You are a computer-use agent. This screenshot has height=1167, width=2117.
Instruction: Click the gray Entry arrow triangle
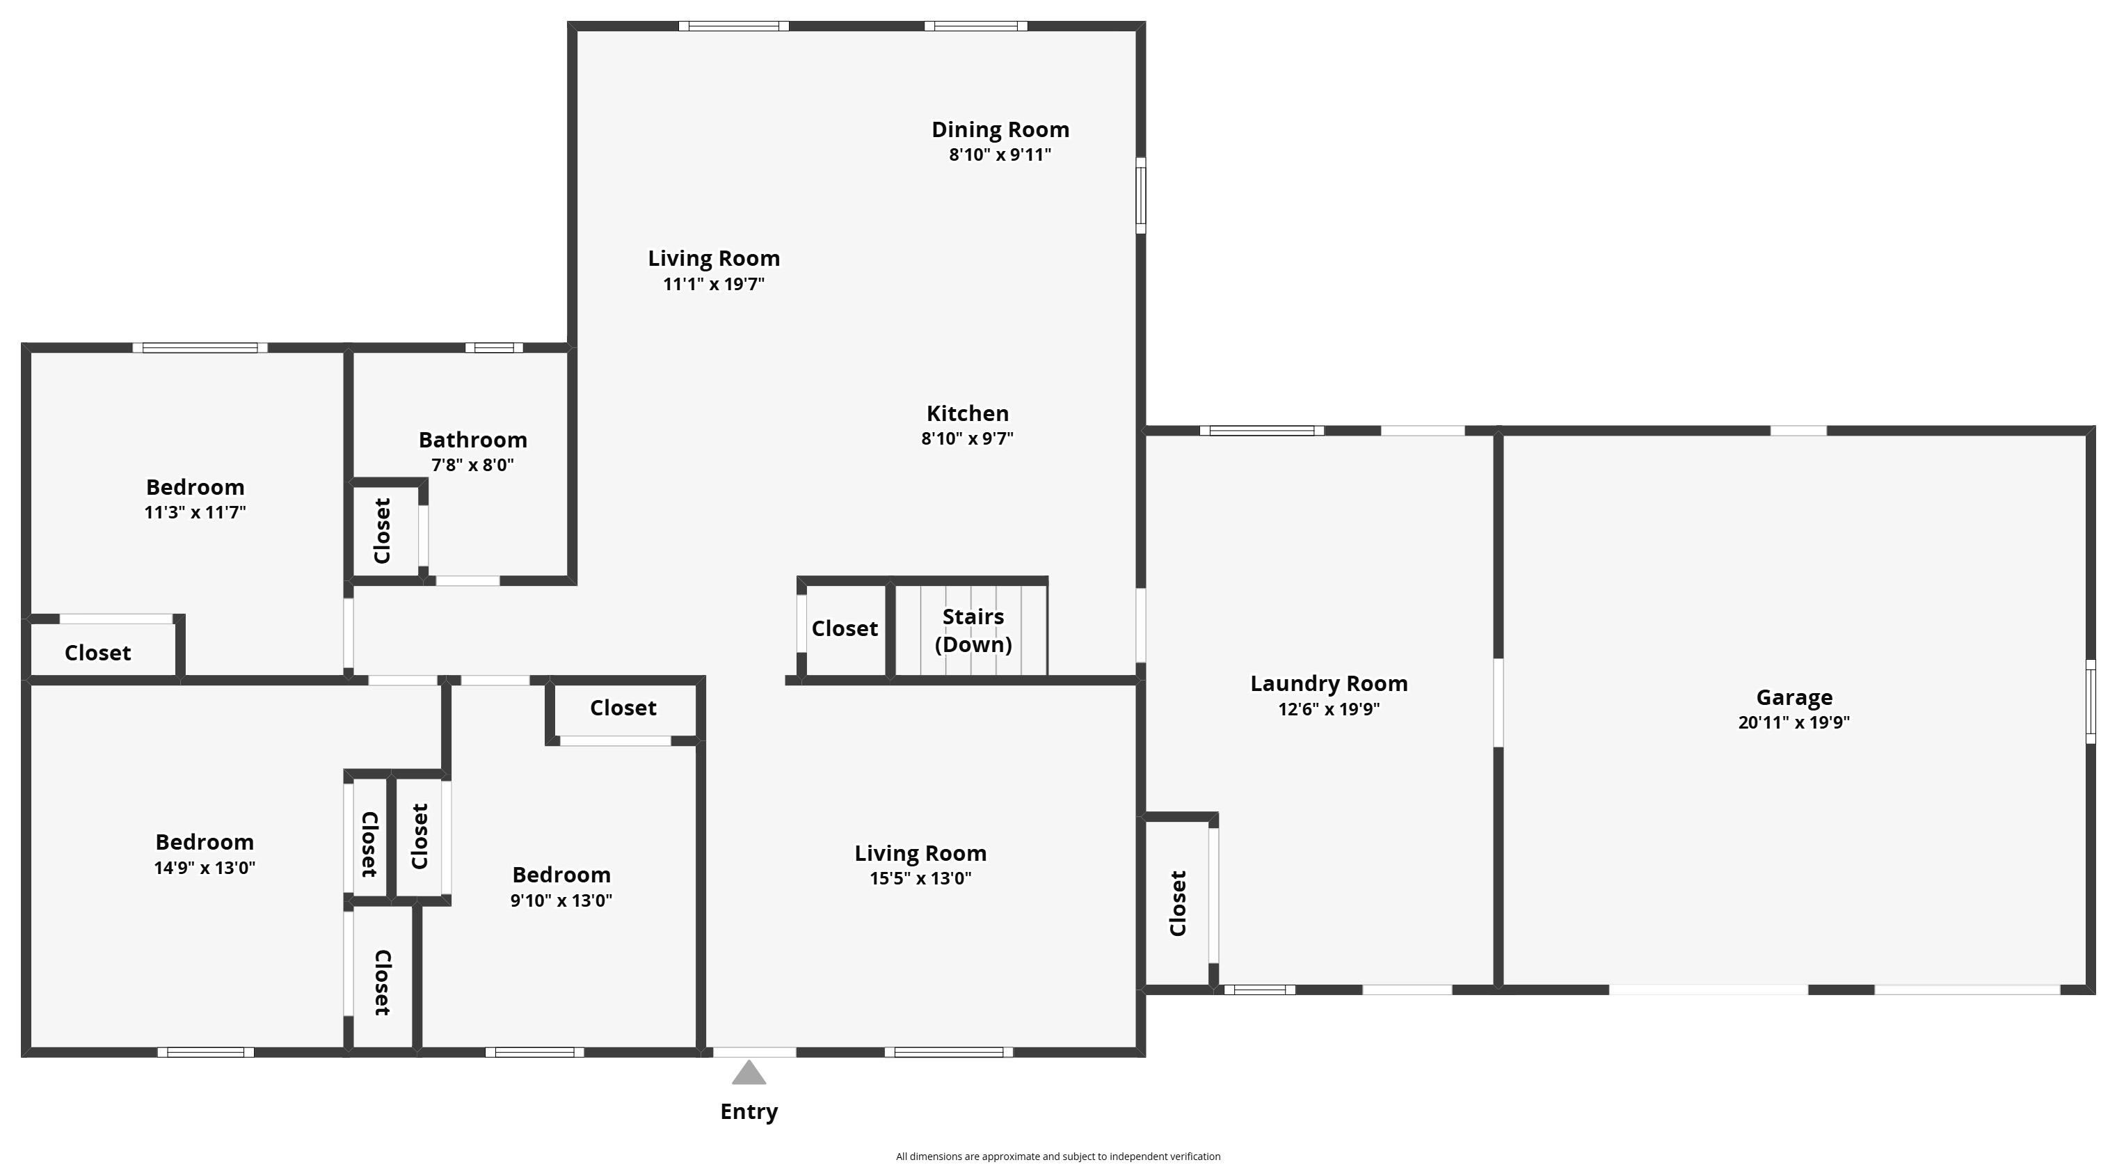click(x=749, y=1072)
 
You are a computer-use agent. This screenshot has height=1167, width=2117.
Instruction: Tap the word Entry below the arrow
click(x=749, y=1112)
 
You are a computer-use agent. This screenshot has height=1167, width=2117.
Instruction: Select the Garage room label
click(x=1794, y=698)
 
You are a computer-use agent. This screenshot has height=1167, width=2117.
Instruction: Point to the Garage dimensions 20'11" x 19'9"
click(x=1794, y=722)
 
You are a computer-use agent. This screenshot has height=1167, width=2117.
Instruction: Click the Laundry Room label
click(x=1329, y=684)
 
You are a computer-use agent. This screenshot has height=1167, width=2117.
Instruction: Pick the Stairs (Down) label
click(x=973, y=630)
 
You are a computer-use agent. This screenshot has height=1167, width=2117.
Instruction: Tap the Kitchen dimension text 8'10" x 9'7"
click(x=967, y=438)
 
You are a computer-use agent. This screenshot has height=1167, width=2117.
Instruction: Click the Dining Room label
click(x=1000, y=130)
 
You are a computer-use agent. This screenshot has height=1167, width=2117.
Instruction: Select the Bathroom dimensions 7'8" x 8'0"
click(x=472, y=465)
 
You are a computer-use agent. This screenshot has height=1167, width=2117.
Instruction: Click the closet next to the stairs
click(x=845, y=628)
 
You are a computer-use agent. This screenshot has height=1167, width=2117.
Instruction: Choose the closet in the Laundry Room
click(x=1178, y=903)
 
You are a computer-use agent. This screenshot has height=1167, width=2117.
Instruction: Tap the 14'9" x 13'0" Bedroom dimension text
click(x=205, y=868)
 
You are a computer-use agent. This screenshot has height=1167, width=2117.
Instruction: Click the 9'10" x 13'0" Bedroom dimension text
click(x=561, y=900)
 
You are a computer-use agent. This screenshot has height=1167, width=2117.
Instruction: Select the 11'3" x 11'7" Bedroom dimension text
click(x=195, y=513)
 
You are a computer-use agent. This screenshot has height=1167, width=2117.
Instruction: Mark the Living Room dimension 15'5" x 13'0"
click(x=920, y=878)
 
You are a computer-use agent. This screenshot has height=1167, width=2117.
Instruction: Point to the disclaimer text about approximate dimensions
click(x=1057, y=1157)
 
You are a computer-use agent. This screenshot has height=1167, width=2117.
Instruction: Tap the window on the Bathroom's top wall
click(x=494, y=348)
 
